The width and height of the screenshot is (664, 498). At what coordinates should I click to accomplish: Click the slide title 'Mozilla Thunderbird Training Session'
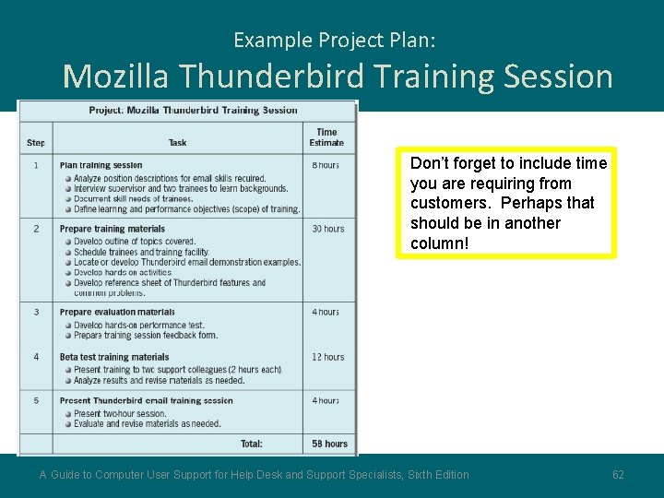point(338,76)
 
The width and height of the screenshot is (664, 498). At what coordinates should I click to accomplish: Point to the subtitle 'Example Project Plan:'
point(335,40)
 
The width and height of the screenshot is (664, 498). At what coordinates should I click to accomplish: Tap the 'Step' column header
point(36,143)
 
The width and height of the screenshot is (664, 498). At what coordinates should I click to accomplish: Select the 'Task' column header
point(178,143)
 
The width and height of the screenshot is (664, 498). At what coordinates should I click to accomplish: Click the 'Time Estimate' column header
point(326,137)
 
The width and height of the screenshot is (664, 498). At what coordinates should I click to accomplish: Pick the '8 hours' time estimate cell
point(326,165)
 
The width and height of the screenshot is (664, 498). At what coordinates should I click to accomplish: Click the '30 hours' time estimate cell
point(327,229)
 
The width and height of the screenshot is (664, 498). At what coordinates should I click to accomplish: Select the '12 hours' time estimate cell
point(327,357)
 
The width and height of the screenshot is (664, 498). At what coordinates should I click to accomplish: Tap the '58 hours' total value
point(329,444)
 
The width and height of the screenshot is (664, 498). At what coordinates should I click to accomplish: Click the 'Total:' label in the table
point(252,444)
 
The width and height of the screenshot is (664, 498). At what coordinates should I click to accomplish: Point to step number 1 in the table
point(36,165)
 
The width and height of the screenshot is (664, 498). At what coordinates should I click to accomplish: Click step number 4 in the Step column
point(36,357)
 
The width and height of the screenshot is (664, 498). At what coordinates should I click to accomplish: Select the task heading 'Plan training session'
point(101,165)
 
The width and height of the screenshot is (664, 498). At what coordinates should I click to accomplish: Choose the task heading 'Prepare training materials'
point(113,229)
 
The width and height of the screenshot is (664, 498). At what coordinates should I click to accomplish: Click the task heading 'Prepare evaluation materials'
point(117,313)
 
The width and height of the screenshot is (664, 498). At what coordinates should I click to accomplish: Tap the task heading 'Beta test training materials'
point(114,357)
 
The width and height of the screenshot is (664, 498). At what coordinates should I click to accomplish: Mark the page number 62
point(618,475)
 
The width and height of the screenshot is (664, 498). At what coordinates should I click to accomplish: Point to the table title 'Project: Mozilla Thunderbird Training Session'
point(194,111)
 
